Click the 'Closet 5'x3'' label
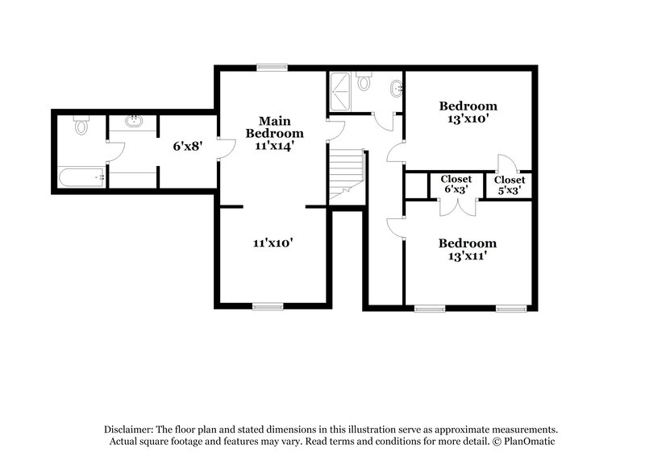coord(509,185)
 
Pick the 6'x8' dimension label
coord(187,147)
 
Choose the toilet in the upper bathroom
coord(364,82)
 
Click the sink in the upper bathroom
coord(396,88)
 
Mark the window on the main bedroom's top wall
coord(268,68)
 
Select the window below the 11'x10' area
coord(268,306)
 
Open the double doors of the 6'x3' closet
coord(456,206)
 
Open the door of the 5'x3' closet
coord(503,164)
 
